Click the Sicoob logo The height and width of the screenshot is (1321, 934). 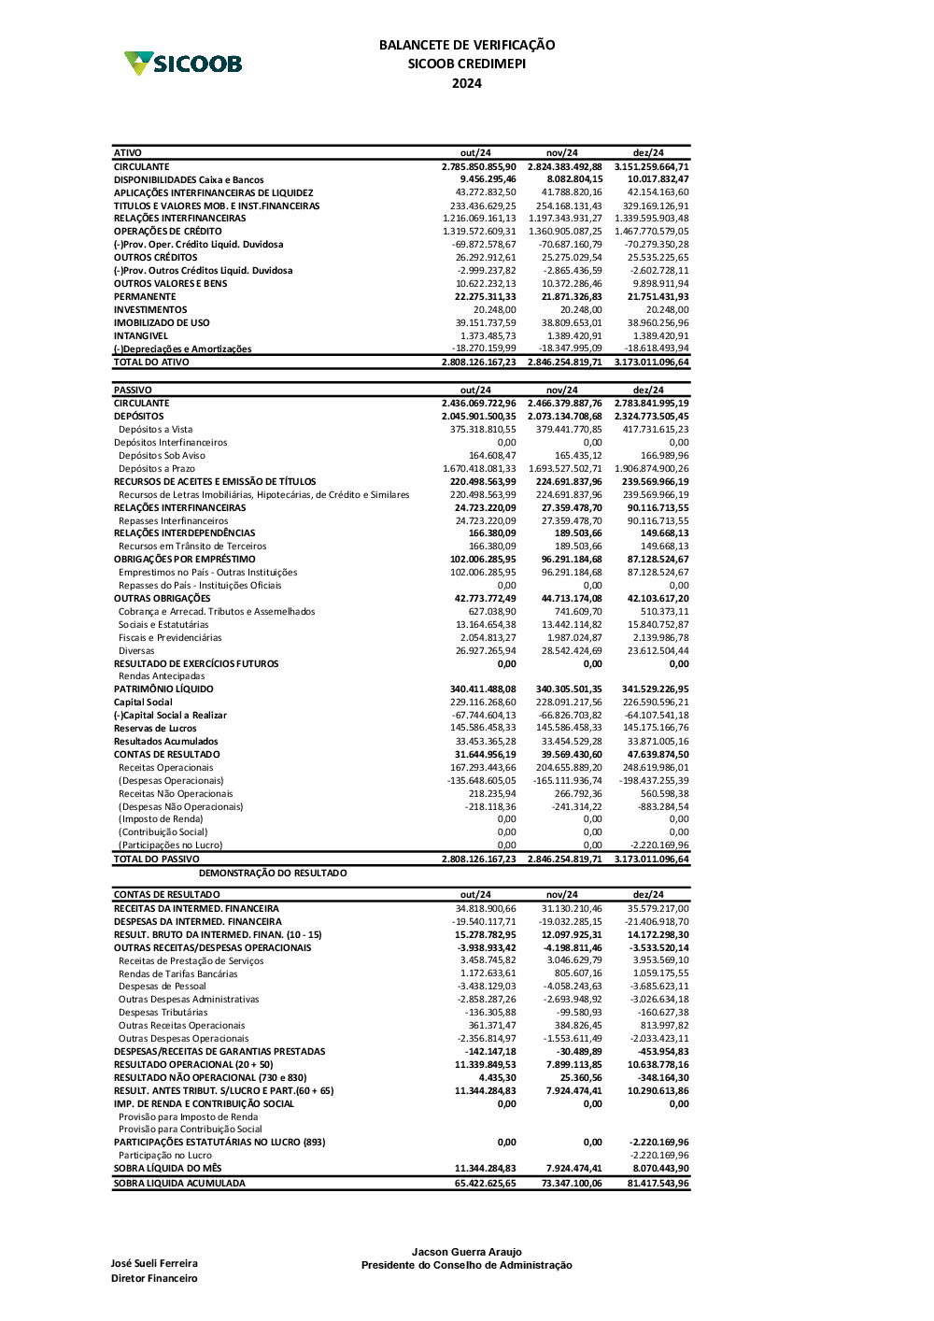183,64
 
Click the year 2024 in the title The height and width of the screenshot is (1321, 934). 467,83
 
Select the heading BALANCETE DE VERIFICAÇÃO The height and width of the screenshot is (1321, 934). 467,45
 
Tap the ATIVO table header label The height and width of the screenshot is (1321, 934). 128,153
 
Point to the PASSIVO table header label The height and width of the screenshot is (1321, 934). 133,391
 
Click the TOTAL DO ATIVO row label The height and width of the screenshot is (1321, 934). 151,362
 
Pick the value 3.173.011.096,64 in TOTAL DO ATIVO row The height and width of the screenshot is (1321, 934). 651,362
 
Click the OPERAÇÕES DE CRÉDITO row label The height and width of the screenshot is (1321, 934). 168,232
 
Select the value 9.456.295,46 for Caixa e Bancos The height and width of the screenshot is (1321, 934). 488,179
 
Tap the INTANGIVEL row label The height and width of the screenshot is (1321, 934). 141,336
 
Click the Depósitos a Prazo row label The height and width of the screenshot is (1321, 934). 157,469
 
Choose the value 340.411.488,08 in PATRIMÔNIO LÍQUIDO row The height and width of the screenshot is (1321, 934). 483,689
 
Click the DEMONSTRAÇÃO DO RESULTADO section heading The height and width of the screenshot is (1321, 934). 273,874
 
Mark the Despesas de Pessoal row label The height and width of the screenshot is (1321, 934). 163,987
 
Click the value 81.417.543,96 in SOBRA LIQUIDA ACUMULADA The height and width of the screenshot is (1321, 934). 658,1184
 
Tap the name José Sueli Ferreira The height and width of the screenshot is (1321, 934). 154,1264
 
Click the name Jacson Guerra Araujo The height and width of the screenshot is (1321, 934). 467,1252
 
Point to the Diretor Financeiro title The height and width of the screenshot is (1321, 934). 154,1279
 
